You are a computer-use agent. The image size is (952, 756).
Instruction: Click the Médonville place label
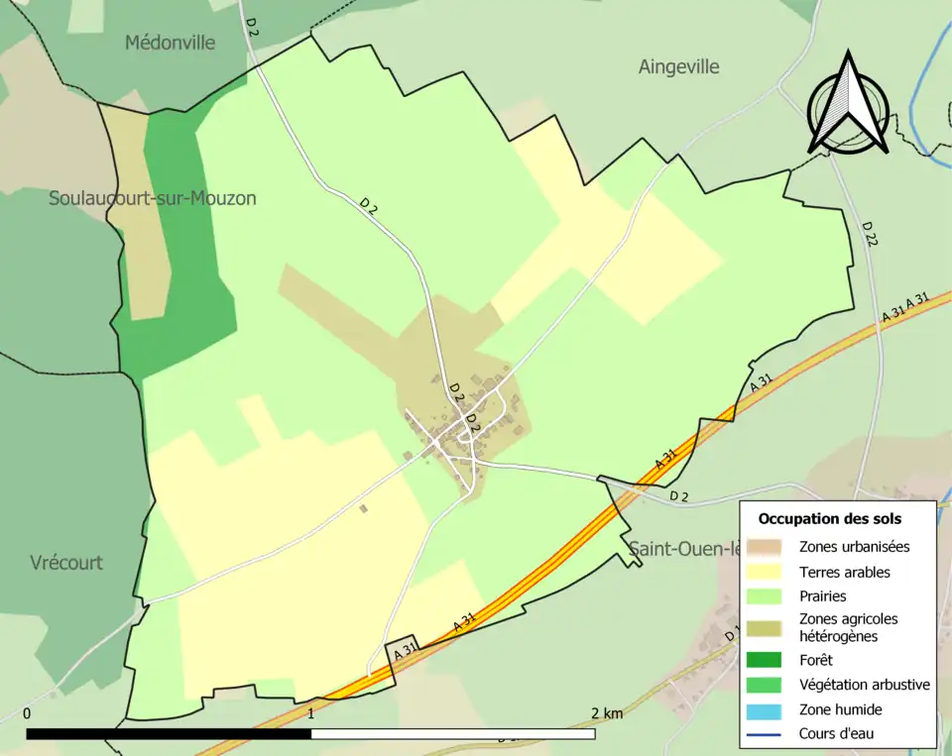point(170,43)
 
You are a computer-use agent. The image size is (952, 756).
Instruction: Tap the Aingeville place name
point(679,67)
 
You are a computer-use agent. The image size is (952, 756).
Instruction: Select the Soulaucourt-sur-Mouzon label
point(153,198)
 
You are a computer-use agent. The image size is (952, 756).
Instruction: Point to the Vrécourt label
point(66,563)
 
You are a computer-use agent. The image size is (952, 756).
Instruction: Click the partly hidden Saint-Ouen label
point(682,548)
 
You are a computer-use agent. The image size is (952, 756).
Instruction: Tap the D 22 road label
point(870,234)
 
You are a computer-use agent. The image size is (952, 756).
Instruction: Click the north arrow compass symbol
point(847,104)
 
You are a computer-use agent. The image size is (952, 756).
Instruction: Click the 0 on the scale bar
point(27,713)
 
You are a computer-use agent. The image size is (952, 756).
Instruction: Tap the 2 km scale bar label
point(606,713)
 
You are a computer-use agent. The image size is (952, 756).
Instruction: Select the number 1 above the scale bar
point(311,713)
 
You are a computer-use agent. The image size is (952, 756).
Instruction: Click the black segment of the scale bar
point(169,734)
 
